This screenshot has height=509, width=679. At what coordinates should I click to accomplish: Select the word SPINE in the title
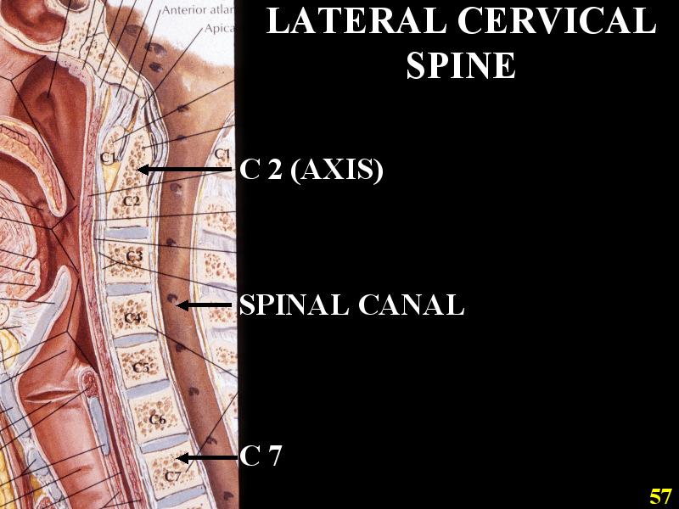click(461, 65)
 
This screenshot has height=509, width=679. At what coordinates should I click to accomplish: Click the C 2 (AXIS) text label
click(311, 171)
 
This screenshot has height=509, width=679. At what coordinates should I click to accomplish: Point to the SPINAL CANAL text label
click(351, 305)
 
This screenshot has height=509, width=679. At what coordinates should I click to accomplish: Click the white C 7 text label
click(261, 457)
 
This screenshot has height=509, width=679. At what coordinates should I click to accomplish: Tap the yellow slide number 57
click(661, 496)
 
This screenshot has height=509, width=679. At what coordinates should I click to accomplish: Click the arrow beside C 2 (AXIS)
click(185, 171)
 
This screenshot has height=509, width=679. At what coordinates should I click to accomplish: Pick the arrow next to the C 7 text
click(207, 458)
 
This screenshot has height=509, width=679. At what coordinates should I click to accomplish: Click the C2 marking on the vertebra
click(130, 201)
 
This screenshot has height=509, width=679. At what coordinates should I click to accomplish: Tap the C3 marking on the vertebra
click(134, 255)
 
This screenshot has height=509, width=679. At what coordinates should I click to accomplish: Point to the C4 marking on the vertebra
click(132, 318)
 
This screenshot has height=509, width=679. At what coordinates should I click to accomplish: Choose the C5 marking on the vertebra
click(141, 368)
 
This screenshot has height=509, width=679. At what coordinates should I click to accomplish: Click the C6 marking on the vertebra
click(156, 419)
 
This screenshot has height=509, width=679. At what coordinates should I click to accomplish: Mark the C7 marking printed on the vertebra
click(172, 476)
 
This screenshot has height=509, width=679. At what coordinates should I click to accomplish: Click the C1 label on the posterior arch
click(222, 154)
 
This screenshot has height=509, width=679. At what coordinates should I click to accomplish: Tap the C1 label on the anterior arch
click(107, 157)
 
